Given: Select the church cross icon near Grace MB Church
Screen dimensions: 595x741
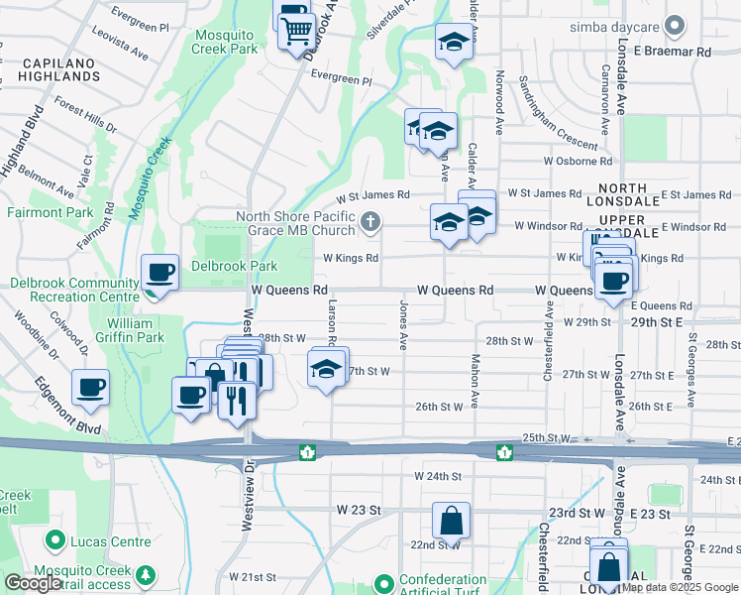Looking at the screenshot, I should pos(370,222).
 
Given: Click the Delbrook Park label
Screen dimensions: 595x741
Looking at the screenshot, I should pos(234,266).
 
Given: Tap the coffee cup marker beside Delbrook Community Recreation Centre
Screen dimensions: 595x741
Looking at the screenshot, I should pos(159,272).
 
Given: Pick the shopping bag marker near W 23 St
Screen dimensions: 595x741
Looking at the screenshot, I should pos(451,520).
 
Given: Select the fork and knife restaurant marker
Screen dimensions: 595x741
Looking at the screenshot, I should pos(236,400).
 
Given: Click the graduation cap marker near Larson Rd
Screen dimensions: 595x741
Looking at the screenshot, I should pos(326,370).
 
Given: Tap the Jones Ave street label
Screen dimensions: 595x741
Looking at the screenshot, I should pos(403,325).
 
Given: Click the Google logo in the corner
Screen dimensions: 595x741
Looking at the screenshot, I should pos(32,583).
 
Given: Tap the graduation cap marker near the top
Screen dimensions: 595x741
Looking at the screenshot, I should pos(453,43).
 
